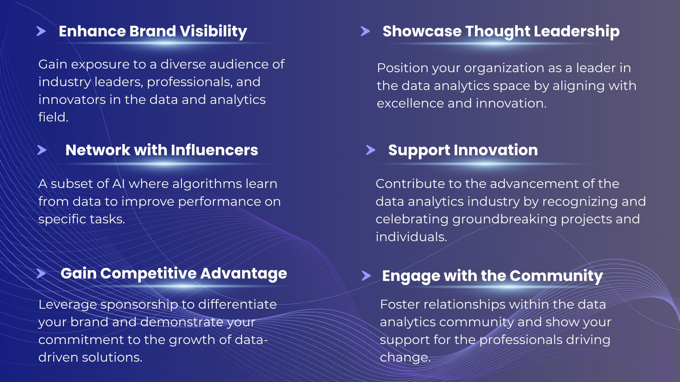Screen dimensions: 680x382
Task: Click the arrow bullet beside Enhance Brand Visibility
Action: point(41,31)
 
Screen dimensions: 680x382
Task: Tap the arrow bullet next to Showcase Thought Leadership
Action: point(365,31)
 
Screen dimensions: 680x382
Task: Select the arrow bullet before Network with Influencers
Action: point(42,150)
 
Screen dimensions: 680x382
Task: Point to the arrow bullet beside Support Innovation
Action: point(371,150)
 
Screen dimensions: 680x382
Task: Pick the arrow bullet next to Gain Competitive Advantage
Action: point(41,274)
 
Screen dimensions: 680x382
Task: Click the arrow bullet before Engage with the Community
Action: point(366,276)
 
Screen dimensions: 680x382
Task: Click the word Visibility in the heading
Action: point(214,32)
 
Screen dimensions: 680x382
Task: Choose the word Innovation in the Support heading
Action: point(496,150)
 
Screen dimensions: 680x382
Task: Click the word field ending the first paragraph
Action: point(53,117)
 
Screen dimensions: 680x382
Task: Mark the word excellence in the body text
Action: point(410,103)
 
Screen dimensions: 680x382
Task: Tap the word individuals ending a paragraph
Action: point(411,237)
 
